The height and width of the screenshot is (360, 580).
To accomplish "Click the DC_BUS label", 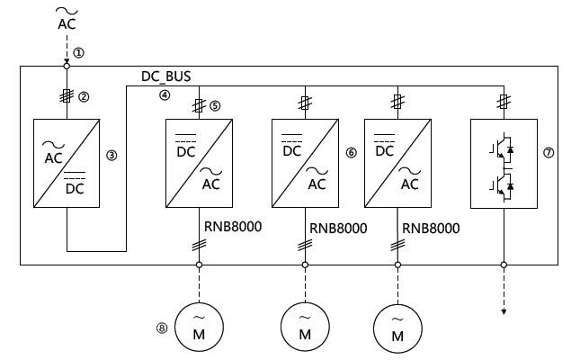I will (x=166, y=76).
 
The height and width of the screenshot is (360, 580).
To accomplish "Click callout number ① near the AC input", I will (x=80, y=53).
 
